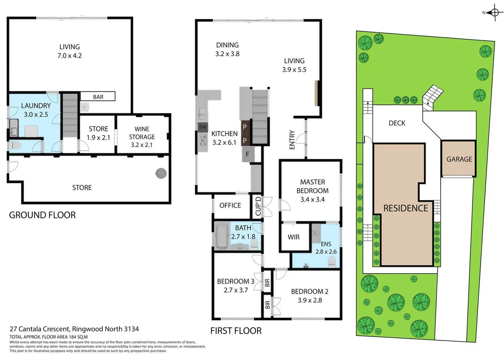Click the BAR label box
pyautogui.click(x=98, y=97)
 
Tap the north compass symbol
pyautogui.click(x=494, y=13)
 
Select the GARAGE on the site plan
pyautogui.click(x=459, y=159)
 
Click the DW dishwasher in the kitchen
pyautogui.click(x=203, y=127)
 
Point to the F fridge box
pyautogui.click(x=248, y=154)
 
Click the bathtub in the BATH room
pyautogui.click(x=221, y=236)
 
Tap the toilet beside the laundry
pyautogui.click(x=15, y=145)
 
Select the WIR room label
pyautogui.click(x=293, y=237)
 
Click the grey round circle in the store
pyautogui.click(x=161, y=173)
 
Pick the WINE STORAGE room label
pyautogui.click(x=142, y=137)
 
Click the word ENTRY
pyautogui.click(x=292, y=140)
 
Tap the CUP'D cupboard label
pyautogui.click(x=258, y=206)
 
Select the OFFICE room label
pyautogui.click(x=230, y=205)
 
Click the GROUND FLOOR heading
pyautogui.click(x=42, y=215)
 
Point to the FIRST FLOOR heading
pyautogui.click(x=236, y=331)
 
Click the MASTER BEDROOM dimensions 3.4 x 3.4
pyautogui.click(x=312, y=199)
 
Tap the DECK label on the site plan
pyautogui.click(x=397, y=123)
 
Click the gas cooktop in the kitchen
pyautogui.click(x=203, y=141)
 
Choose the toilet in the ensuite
pyautogui.click(x=332, y=263)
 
